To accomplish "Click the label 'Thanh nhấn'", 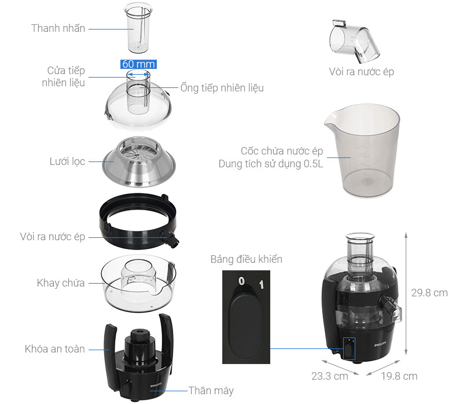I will tap(58, 28).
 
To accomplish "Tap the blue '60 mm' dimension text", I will tap(138, 64).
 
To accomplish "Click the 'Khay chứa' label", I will tap(61, 283).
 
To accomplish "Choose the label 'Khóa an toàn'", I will tap(55, 349).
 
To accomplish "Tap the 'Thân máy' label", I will tap(211, 391).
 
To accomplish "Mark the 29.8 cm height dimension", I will tap(429, 293).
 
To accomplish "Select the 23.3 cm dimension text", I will tap(329, 376).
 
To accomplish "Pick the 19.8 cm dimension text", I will tap(399, 376).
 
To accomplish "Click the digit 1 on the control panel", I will tap(261, 284).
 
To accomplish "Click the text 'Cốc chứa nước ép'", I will tap(282, 151).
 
